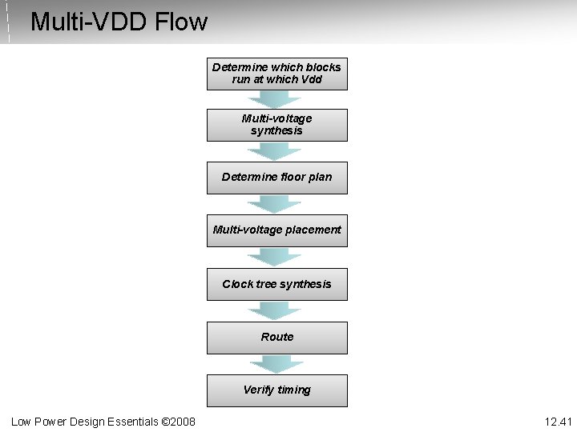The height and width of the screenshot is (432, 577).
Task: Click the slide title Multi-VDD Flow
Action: (x=119, y=22)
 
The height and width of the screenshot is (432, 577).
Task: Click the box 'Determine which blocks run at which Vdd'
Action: (x=276, y=74)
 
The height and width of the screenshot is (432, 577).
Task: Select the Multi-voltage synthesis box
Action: (x=276, y=125)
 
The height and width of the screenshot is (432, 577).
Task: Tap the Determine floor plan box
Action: (x=276, y=178)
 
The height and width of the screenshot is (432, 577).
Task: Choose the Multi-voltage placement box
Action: (x=276, y=230)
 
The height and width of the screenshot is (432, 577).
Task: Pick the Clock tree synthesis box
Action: (x=276, y=284)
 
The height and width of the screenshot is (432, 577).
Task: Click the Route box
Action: (x=276, y=338)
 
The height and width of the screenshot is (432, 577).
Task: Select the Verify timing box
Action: (x=276, y=390)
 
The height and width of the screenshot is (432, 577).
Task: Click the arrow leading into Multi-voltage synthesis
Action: (x=275, y=99)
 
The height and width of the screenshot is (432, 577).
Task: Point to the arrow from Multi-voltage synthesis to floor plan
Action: (x=275, y=151)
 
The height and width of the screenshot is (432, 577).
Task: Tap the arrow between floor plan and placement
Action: (x=275, y=204)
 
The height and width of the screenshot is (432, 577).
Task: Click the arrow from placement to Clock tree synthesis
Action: (x=275, y=257)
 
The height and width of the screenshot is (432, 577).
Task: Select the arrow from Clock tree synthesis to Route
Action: (x=275, y=310)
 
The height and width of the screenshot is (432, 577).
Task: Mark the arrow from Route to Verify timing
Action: (x=275, y=364)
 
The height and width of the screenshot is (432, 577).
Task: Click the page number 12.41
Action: (x=558, y=421)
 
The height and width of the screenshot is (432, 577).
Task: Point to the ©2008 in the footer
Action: (x=179, y=421)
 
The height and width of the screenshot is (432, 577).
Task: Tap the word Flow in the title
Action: (x=181, y=22)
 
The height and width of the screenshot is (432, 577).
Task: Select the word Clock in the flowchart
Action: (x=237, y=284)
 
